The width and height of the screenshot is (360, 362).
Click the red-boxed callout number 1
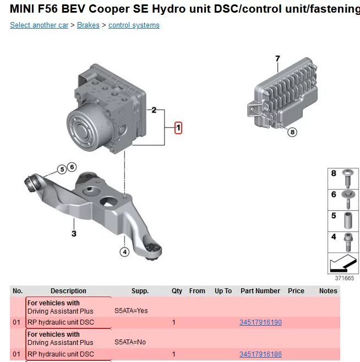tap(178, 128)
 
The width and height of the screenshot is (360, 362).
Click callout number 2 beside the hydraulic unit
tap(154, 110)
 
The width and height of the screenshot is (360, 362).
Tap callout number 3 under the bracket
tap(74, 233)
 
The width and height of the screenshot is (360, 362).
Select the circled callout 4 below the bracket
tap(124, 252)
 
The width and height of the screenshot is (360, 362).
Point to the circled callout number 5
tap(62, 169)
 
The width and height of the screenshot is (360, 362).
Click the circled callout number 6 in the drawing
tap(72, 167)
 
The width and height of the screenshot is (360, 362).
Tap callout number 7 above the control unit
tap(277, 59)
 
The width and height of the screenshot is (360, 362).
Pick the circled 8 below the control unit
tap(292, 132)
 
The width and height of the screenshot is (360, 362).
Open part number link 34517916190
tap(260, 322)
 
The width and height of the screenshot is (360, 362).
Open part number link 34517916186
tap(260, 354)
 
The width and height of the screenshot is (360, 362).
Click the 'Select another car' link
tap(39, 25)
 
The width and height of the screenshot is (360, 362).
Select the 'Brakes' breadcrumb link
tap(88, 25)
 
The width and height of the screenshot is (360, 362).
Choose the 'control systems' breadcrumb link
tap(134, 25)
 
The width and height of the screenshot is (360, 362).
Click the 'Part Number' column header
tap(260, 290)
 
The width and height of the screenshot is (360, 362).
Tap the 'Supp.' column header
tap(140, 291)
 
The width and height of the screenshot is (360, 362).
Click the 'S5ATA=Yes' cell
tap(131, 311)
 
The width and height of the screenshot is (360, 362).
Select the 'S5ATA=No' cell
tap(130, 342)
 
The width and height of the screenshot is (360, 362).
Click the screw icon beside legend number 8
tap(348, 178)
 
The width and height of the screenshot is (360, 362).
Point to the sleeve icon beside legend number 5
tap(348, 221)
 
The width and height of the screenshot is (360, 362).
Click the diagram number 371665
tap(344, 278)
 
